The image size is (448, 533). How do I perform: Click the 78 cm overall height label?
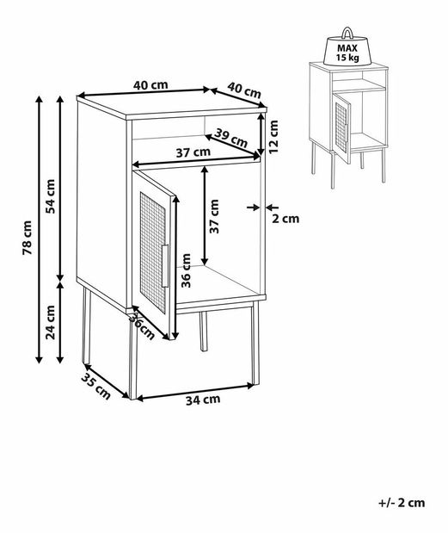point(28,238)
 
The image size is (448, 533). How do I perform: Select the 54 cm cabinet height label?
point(50,196)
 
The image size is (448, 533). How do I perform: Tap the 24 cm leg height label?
point(50,322)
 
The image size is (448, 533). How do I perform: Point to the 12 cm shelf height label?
point(273,137)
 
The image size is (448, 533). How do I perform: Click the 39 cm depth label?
point(230,137)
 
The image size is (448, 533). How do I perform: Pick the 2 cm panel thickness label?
point(285,219)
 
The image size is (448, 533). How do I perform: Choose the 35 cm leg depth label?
point(96,387)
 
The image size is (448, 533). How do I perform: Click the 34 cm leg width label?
point(203,400)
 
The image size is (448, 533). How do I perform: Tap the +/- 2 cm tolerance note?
point(402,503)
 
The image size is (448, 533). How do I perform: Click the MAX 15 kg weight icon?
point(347,47)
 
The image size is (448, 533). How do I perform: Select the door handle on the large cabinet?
point(165,265)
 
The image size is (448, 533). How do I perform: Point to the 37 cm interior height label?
point(214,216)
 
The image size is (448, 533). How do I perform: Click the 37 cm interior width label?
point(193,152)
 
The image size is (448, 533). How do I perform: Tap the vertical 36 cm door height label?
point(186,270)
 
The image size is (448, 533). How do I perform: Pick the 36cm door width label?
point(143,326)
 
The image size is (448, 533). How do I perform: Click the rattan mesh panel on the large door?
point(153,252)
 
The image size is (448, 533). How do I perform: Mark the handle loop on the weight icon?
point(347,33)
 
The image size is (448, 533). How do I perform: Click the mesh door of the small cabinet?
point(341,127)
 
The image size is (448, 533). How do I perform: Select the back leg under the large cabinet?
point(203,332)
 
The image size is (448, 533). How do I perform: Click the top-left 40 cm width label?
point(150,85)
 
